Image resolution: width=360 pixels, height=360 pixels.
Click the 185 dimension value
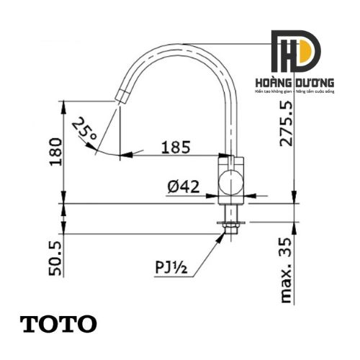pyautogui.click(x=176, y=147)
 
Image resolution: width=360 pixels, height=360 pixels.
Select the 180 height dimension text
pyautogui.click(x=55, y=152)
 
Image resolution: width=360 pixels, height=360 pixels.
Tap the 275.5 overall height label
pyautogui.click(x=287, y=124)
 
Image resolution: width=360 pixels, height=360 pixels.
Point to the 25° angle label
pyautogui.click(x=84, y=130)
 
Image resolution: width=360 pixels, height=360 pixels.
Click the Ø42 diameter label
pyautogui.click(x=184, y=186)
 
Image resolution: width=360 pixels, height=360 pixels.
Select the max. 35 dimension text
pyautogui.click(x=286, y=270)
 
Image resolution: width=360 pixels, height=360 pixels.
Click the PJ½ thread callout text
pyautogui.click(x=171, y=267)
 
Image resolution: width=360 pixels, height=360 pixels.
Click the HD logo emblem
pyautogui.click(x=296, y=51)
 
